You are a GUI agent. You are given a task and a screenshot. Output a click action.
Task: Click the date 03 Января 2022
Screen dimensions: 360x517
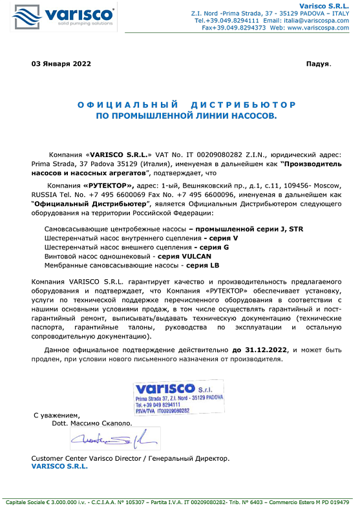pos(61,64)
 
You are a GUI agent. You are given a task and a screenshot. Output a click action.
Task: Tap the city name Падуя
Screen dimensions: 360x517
pos(317,64)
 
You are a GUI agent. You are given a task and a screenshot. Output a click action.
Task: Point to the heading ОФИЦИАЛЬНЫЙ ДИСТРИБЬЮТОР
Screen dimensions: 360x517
pos(186,105)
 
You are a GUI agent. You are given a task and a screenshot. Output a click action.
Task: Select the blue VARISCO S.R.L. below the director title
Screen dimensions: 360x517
pos(59,466)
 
